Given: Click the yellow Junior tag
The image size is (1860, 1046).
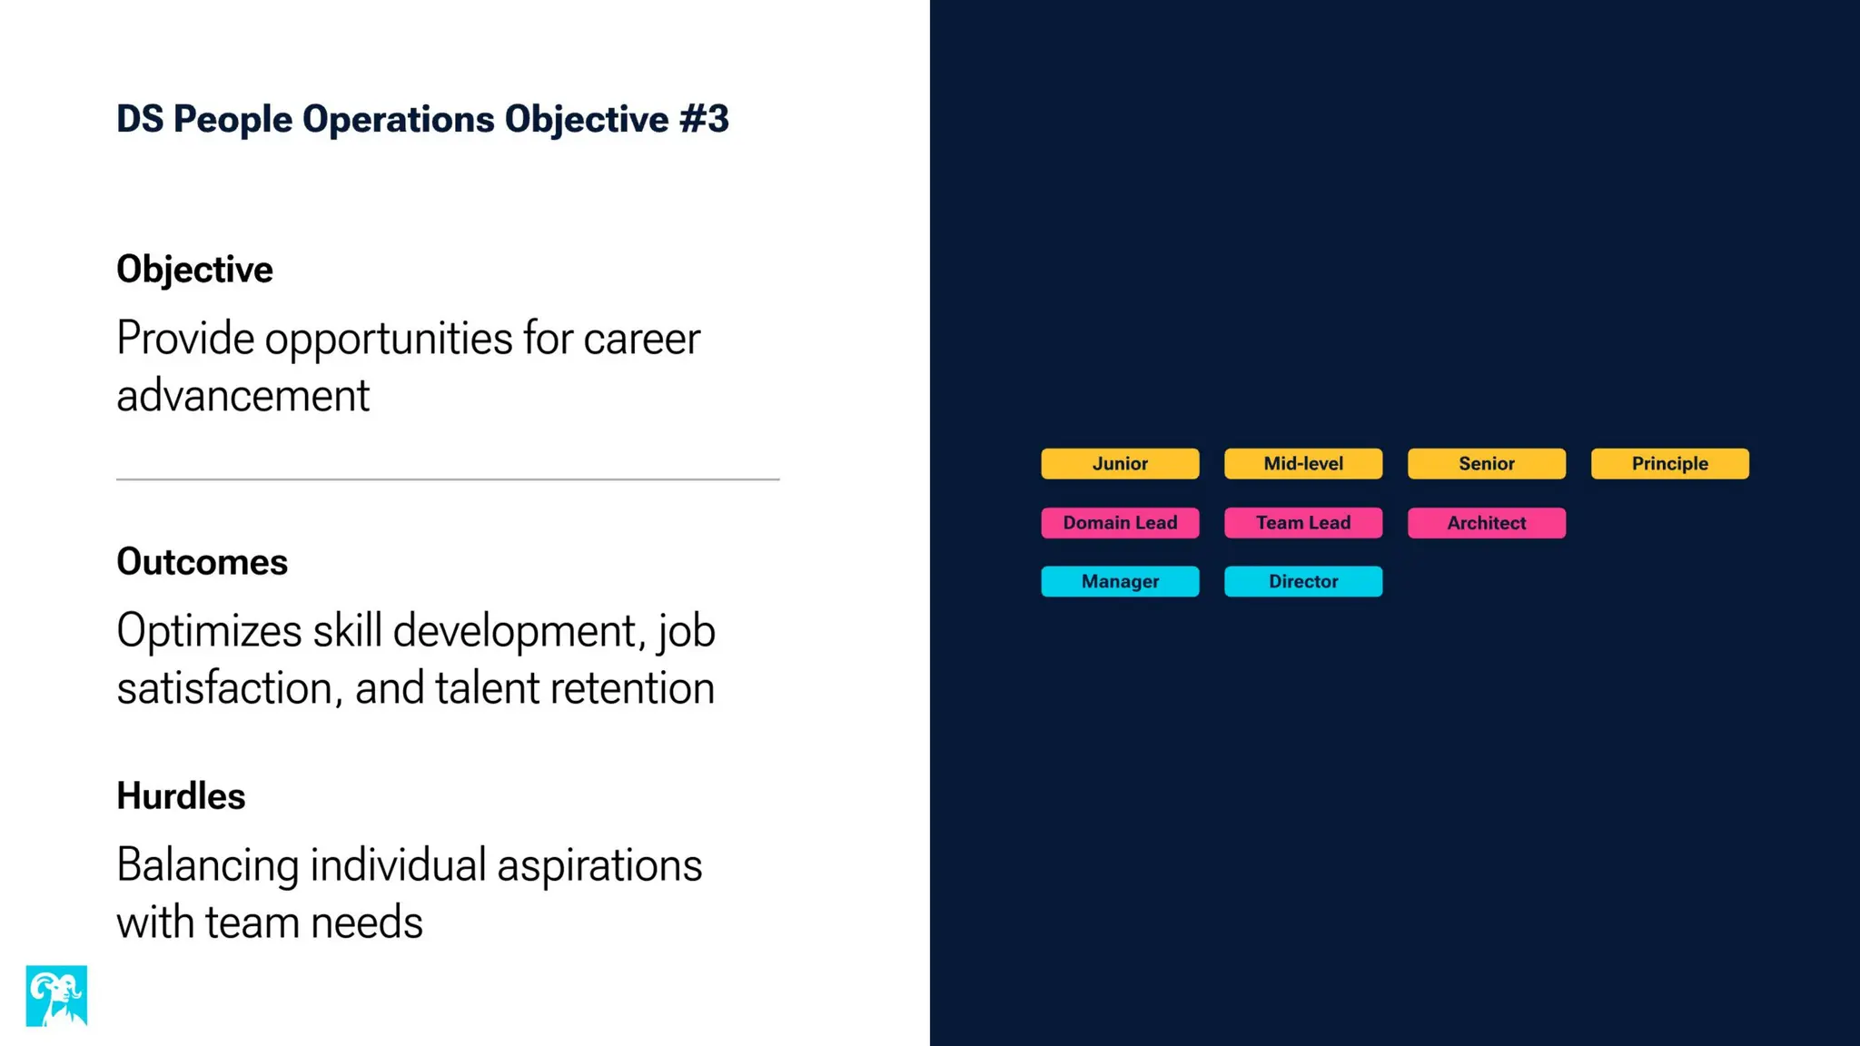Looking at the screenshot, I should click(1120, 463).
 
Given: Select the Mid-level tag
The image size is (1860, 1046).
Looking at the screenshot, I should click(1303, 463).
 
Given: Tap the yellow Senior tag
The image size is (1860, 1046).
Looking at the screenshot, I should click(1487, 463).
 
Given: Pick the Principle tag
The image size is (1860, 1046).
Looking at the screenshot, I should click(1669, 463).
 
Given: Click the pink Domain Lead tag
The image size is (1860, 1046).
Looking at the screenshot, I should click(1120, 523).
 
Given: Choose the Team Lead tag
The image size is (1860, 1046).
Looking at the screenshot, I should click(1303, 523).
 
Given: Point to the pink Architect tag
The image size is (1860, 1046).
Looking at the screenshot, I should click(1487, 523).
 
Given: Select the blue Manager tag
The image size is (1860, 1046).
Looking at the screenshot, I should click(1120, 581).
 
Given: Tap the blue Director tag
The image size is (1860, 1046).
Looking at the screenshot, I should click(1303, 581).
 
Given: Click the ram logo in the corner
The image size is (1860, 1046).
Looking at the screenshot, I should click(56, 996).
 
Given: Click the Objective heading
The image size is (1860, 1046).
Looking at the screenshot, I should click(194, 270).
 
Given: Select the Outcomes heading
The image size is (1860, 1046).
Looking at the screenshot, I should click(202, 562).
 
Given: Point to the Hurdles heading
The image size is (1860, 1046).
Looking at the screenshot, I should click(181, 796).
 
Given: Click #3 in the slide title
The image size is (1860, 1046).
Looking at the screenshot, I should click(703, 119).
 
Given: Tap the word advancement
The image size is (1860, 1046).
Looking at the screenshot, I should click(242, 396).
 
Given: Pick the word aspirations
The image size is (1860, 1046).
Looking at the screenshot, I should click(599, 865).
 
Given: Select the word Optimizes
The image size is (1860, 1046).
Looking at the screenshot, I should click(209, 631).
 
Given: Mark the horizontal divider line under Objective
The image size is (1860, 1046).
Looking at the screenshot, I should click(448, 479).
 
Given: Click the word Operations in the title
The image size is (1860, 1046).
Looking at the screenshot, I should click(398, 119).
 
